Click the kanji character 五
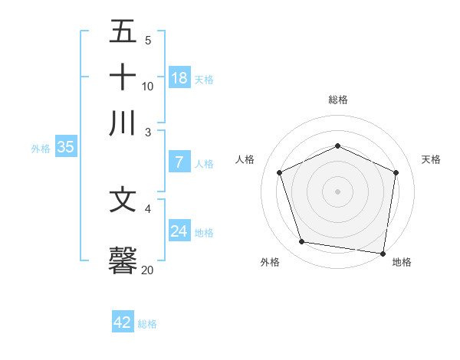point(123,32)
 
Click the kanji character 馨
point(123,260)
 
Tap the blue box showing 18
point(179,77)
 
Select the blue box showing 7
point(179,162)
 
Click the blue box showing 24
point(179,231)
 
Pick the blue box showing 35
point(65,148)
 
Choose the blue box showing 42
point(123,322)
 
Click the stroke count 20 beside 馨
point(148,270)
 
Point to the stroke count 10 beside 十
point(148,86)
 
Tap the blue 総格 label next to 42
point(147,324)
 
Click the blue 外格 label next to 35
point(41,149)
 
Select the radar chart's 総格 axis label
point(338,100)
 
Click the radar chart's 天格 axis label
point(432,159)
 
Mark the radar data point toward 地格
point(383,253)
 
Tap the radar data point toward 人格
point(280,172)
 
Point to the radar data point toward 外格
point(302,242)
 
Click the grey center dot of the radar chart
point(338,191)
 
